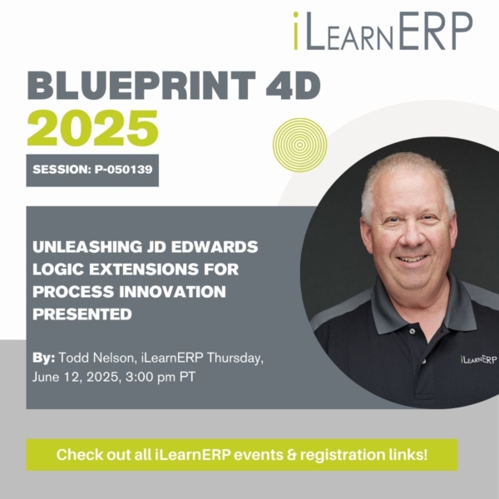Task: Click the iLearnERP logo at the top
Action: point(383,32)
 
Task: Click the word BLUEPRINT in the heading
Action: point(141,86)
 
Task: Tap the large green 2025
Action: point(92,128)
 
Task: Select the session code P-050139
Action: point(123,170)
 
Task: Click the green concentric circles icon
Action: point(299,145)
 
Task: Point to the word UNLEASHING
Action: point(86,247)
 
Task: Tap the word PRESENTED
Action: point(82,314)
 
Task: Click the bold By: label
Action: point(43,358)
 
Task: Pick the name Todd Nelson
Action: point(96,358)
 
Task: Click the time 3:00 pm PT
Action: point(160,378)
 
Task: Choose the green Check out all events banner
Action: point(242,455)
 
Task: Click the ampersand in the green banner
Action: point(292,454)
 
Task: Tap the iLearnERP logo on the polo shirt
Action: point(478,359)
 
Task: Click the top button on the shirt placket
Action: point(413,331)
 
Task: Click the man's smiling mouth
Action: point(412,259)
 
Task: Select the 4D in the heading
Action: point(293,86)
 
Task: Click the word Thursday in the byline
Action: point(235,358)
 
